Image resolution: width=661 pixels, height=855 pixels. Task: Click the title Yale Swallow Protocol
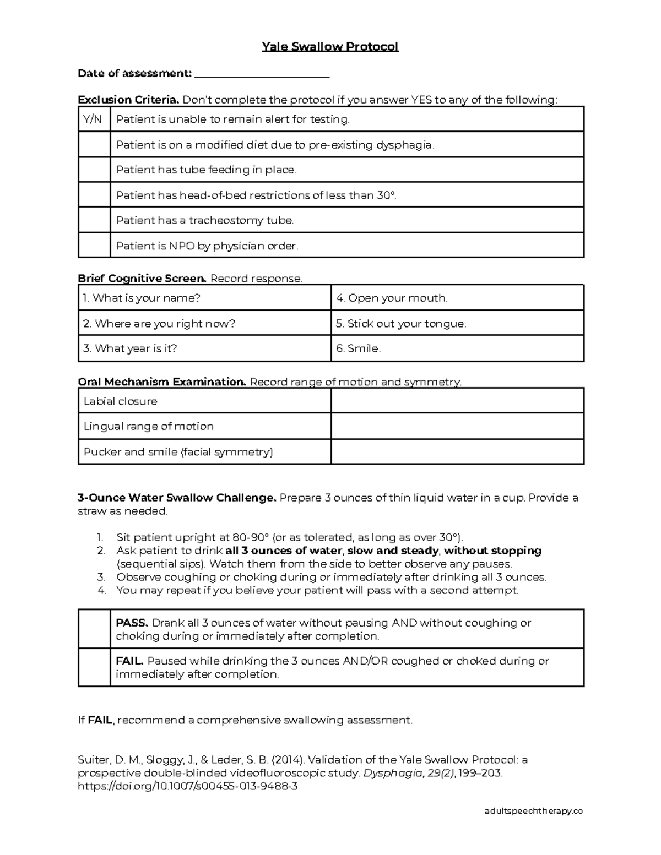(330, 47)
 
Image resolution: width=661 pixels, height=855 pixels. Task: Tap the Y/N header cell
(94, 119)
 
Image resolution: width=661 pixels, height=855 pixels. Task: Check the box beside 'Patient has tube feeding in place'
(94, 170)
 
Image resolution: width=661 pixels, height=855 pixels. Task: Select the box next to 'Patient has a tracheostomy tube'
(94, 220)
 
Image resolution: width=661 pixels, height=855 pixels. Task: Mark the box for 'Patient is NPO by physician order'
(94, 246)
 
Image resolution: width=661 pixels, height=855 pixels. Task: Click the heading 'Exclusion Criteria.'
(128, 100)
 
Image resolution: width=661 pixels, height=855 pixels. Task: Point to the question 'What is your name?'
(142, 298)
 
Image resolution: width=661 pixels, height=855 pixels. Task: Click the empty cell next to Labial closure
(457, 401)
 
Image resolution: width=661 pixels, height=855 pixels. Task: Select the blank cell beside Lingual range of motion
(457, 426)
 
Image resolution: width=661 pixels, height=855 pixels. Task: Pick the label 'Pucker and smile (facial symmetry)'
(178, 452)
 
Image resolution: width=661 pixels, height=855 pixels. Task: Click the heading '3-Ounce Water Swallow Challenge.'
(177, 498)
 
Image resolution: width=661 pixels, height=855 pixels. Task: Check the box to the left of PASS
(94, 629)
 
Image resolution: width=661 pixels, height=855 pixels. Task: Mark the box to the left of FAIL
(94, 667)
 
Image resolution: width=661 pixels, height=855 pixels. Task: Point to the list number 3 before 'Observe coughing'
(101, 577)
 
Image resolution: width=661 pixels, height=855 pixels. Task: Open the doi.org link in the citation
(188, 786)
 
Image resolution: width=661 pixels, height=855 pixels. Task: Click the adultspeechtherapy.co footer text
(533, 811)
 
